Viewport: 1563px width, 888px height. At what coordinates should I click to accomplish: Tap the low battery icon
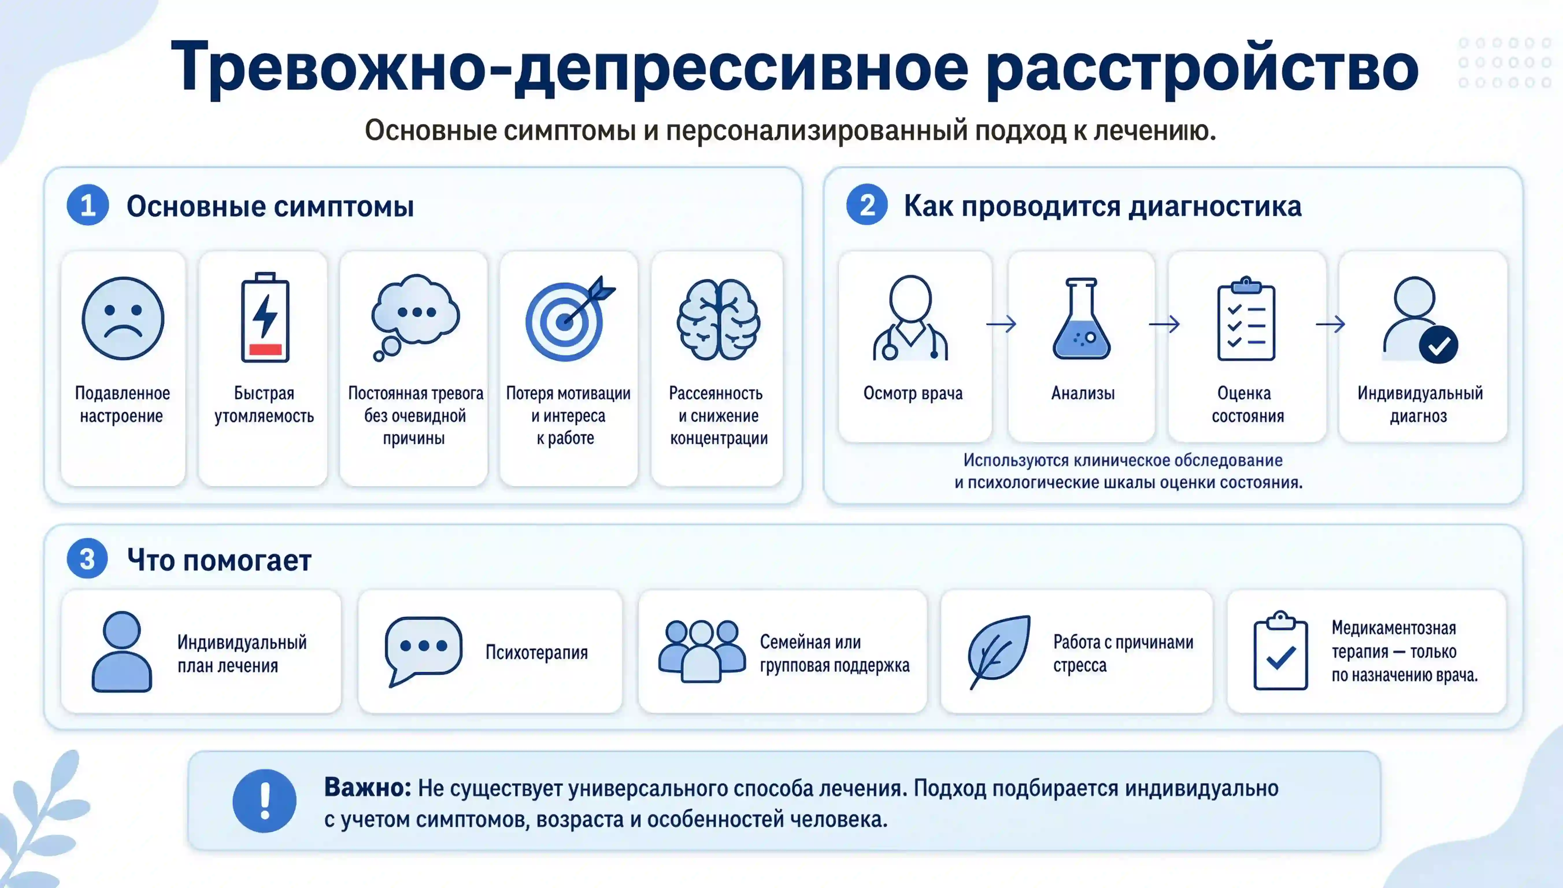tap(265, 317)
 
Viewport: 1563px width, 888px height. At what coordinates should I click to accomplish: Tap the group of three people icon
tap(702, 651)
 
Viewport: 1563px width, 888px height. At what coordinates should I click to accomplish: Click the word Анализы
tap(1083, 393)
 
